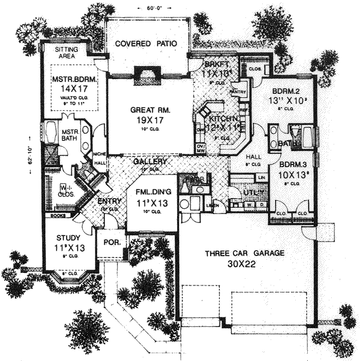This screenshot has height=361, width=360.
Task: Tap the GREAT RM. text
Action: pyautogui.click(x=150, y=110)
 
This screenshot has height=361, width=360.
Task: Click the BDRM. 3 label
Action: pyautogui.click(x=293, y=163)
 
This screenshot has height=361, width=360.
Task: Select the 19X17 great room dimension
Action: pyautogui.click(x=150, y=121)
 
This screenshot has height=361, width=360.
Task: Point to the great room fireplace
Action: pyautogui.click(x=143, y=73)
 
